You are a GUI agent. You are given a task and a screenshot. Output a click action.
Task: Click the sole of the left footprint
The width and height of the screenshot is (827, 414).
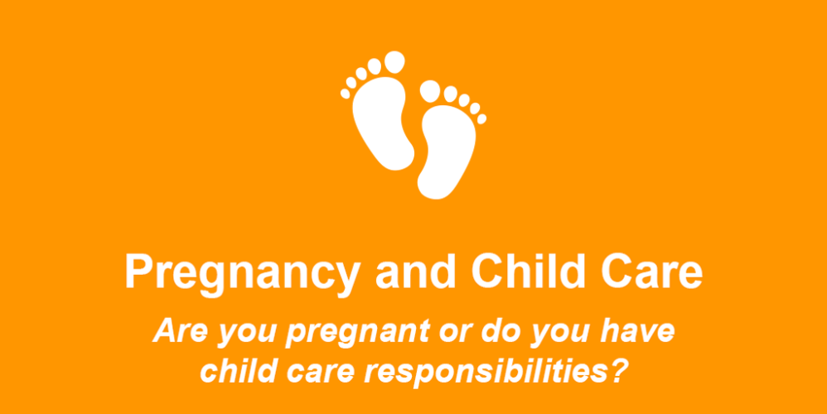tap(381, 123)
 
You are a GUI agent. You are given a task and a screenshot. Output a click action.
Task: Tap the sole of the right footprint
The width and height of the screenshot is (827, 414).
tap(447, 151)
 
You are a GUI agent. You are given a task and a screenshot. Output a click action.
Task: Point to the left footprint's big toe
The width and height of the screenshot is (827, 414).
tap(394, 62)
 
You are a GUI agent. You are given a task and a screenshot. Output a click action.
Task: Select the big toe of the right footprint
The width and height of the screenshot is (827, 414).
tap(430, 91)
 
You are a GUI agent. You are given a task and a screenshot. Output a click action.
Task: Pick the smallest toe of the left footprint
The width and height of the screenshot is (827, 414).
tap(345, 94)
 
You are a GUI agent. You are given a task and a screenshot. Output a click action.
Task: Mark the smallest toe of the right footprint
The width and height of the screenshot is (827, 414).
tap(481, 119)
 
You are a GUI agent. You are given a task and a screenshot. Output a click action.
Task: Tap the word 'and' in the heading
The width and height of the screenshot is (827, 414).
tap(416, 272)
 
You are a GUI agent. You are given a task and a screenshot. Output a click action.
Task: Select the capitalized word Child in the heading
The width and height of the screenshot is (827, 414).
tap(529, 272)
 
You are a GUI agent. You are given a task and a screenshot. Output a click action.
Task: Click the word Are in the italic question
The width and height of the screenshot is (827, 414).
tap(180, 330)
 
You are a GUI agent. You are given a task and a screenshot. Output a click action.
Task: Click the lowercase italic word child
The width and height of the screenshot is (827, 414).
tap(238, 371)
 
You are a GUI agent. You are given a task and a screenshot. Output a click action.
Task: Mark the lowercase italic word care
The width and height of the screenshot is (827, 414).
tap(321, 373)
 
